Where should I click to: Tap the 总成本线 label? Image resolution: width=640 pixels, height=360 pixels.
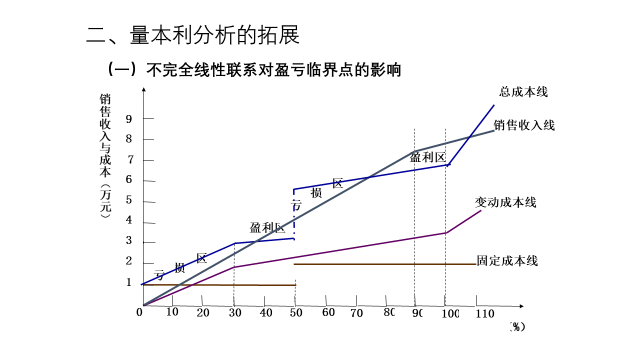pyautogui.click(x=523, y=92)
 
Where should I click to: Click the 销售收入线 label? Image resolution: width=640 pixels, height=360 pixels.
pyautogui.click(x=524, y=125)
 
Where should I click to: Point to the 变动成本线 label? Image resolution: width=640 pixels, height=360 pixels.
pyautogui.click(x=505, y=202)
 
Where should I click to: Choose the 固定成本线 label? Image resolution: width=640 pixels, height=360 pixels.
pyautogui.click(x=507, y=260)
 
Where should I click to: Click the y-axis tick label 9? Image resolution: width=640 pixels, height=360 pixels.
pyautogui.click(x=129, y=119)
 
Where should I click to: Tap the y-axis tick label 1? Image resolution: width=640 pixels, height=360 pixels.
pyautogui.click(x=129, y=282)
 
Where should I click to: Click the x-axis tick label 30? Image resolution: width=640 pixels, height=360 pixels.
pyautogui.click(x=234, y=313)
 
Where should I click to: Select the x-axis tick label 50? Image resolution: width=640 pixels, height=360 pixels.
pyautogui.click(x=296, y=313)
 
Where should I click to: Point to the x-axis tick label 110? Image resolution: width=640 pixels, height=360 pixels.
pyautogui.click(x=485, y=314)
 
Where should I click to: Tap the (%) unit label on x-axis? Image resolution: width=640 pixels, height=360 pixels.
pyautogui.click(x=517, y=326)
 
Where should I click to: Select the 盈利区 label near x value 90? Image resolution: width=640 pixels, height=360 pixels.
pyautogui.click(x=427, y=157)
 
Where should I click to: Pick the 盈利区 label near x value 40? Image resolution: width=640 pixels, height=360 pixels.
pyautogui.click(x=267, y=228)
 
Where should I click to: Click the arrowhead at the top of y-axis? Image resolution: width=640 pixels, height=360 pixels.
pyautogui.click(x=143, y=90)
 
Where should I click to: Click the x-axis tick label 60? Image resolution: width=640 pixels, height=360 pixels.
pyautogui.click(x=328, y=313)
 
